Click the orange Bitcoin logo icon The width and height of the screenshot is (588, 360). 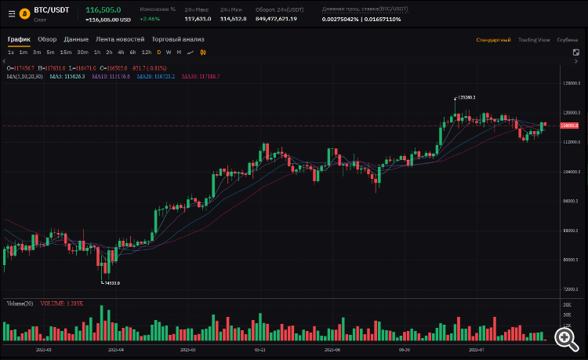tap(24, 13)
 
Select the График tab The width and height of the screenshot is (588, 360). tap(20, 39)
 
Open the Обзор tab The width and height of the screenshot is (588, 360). tap(47, 39)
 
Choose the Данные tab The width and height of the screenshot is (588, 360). tap(76, 39)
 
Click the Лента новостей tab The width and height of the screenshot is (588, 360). tap(120, 39)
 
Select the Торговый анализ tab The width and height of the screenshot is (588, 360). tap(178, 39)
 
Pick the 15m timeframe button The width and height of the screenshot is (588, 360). tap(65, 52)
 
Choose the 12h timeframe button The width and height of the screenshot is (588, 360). tap(146, 52)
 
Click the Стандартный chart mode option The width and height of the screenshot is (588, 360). tap(493, 39)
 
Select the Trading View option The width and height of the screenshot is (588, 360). tap(533, 39)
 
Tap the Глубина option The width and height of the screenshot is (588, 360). tap(567, 39)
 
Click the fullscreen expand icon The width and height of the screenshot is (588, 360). tap(575, 52)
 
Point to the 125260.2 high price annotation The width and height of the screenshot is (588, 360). tap(466, 97)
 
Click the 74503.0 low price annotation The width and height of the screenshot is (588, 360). tap(111, 282)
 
